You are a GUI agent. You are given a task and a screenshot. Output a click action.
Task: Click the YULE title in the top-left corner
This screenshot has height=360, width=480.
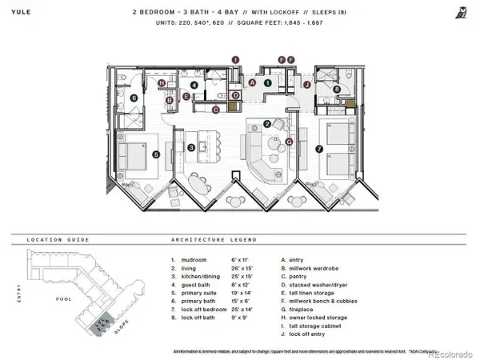21,12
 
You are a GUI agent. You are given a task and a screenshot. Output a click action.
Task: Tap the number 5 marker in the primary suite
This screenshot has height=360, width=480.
157,154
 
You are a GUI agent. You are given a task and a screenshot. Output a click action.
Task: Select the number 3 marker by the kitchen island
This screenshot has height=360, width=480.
191,147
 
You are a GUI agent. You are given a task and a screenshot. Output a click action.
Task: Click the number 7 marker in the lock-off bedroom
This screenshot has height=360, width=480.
319,148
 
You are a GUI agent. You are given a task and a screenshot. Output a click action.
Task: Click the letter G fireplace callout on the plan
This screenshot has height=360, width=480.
290,142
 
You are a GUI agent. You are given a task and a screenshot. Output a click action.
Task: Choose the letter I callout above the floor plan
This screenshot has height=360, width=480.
235,59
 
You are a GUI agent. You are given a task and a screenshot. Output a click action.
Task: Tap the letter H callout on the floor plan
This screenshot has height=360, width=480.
162,83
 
